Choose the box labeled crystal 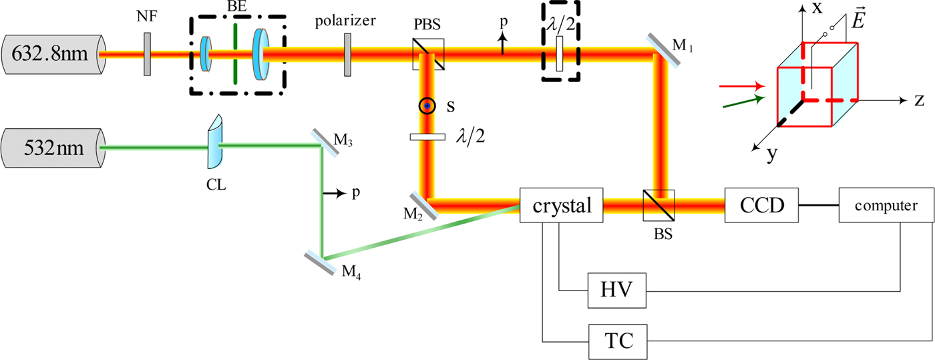[x=561, y=205]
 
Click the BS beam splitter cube [x=658, y=205]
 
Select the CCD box [x=761, y=205]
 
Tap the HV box [x=618, y=291]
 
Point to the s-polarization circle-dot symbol [x=427, y=106]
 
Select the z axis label [x=918, y=101]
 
